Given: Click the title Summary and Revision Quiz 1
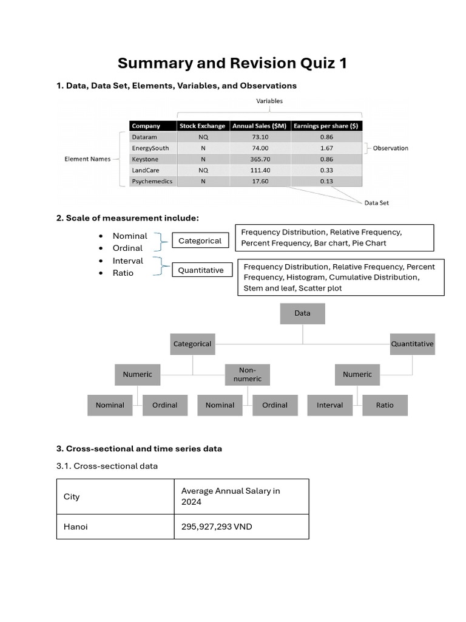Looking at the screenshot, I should click(x=232, y=63).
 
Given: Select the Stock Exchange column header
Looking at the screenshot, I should click(x=202, y=126).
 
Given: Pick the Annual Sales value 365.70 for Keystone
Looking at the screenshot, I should click(x=260, y=159).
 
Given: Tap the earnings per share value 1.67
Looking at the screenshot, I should click(x=326, y=148).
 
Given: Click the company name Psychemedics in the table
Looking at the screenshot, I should click(x=152, y=181).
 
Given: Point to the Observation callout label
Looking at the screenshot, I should click(x=390, y=148).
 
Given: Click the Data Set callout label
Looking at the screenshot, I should click(x=376, y=203).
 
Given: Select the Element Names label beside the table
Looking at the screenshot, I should click(x=87, y=159).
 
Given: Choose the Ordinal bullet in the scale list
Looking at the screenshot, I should click(x=127, y=248).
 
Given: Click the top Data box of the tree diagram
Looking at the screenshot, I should click(x=302, y=313).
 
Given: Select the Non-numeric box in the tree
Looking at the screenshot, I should click(x=248, y=374).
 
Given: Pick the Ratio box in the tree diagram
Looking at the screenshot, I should click(x=385, y=405).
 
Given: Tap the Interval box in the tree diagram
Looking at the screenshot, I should click(x=329, y=405).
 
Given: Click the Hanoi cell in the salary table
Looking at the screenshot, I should click(x=76, y=527).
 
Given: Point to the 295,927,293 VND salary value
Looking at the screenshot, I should click(x=217, y=527).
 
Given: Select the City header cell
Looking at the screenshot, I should click(x=72, y=497).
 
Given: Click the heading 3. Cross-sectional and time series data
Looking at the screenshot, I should click(x=139, y=449).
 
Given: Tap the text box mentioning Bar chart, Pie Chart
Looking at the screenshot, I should click(x=334, y=238).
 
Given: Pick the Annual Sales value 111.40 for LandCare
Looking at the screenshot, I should click(x=260, y=170).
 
